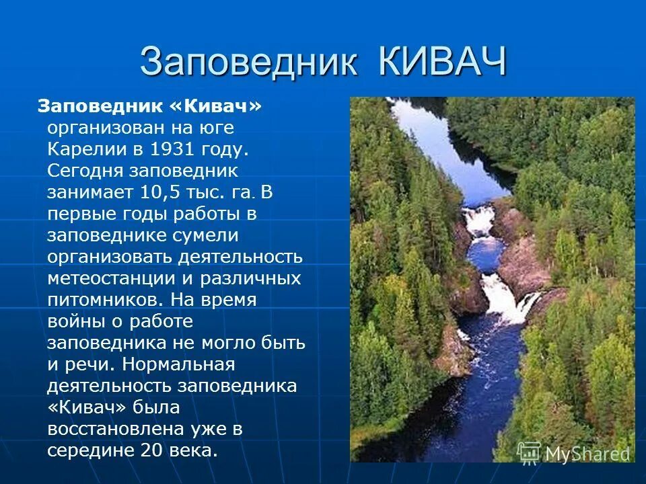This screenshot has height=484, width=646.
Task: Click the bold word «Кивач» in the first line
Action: click(x=216, y=106)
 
